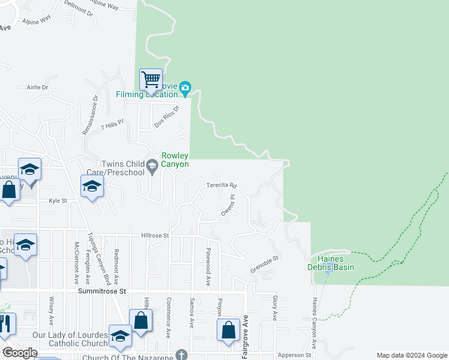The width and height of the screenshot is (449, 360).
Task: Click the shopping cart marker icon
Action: [x=151, y=80]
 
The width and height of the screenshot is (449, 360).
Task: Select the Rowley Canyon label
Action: [x=175, y=160]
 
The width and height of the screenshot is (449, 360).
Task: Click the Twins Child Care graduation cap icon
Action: [x=152, y=165]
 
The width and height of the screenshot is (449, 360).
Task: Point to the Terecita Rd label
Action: [x=222, y=185]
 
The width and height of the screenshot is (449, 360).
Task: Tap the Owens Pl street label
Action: [x=227, y=205]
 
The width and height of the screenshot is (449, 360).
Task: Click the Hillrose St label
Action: [x=155, y=236]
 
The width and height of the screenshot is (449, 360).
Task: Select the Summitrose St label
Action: [x=104, y=290]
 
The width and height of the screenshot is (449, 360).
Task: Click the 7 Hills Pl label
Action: [x=112, y=125]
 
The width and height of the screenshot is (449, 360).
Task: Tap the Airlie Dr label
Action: [x=37, y=87]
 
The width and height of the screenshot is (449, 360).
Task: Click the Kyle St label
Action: [x=58, y=202]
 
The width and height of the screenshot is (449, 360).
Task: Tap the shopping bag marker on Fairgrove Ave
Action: [x=228, y=330]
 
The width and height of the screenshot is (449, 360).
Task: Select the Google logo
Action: [x=20, y=353]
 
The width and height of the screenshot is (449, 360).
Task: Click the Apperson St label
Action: [x=295, y=355]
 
